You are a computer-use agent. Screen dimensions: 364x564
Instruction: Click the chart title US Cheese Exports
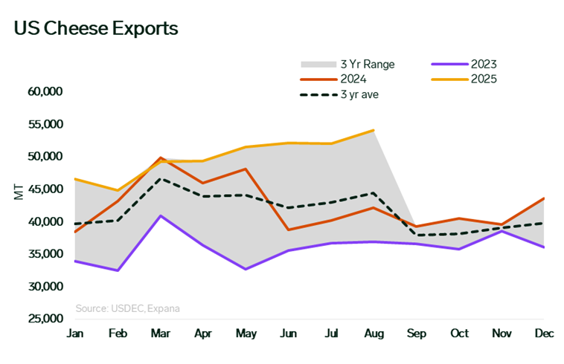point(96,29)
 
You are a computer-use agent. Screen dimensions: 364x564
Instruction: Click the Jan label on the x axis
point(74,334)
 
